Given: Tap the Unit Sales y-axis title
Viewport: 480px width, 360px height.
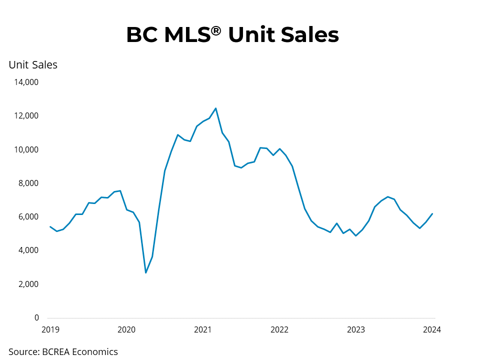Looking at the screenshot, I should click(33, 64).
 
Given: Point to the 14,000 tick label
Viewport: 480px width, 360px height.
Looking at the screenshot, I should click(25, 82).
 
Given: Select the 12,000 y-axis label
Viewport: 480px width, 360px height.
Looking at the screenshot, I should click(25, 116).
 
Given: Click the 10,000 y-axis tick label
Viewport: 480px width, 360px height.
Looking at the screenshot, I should click(25, 149).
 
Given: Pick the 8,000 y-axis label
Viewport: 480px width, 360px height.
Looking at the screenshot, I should click(28, 183).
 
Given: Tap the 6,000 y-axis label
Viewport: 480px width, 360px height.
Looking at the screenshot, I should click(28, 216).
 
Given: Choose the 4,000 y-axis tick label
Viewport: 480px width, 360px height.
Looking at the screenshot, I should click(28, 250).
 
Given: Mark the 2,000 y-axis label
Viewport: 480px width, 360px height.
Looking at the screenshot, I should click(28, 284).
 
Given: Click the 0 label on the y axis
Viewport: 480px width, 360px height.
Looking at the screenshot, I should click(36, 317).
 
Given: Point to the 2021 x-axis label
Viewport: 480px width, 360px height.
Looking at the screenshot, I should click(203, 329).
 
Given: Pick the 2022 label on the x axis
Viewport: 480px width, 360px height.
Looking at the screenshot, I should click(279, 329).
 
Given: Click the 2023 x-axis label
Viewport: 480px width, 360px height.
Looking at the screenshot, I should click(356, 329).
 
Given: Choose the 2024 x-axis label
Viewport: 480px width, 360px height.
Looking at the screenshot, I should click(432, 329).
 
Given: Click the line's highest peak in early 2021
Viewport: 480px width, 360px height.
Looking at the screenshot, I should click(215, 108).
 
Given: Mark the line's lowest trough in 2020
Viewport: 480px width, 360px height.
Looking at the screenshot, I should click(145, 272).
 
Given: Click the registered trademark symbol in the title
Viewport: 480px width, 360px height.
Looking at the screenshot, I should click(216, 30).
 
